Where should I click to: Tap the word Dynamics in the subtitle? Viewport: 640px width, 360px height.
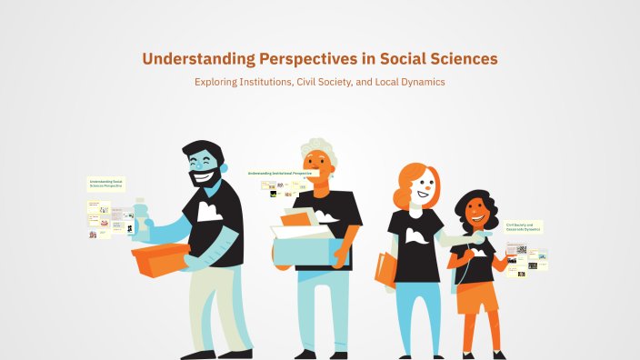421,81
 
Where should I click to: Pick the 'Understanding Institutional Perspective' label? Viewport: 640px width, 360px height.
279,172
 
